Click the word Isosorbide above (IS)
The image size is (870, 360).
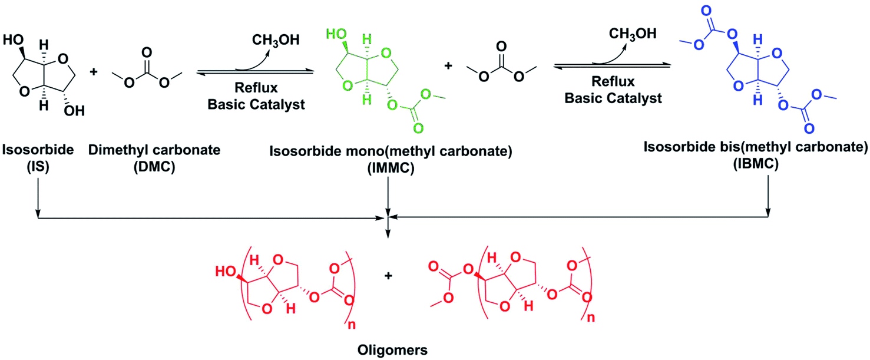tap(38, 150)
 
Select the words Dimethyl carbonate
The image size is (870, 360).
tap(154, 150)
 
